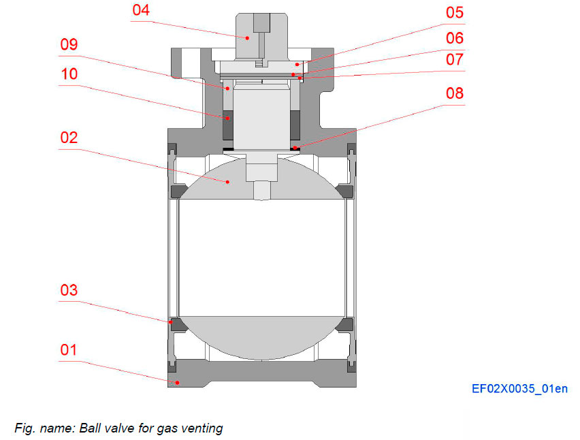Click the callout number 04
click(142, 11)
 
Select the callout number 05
click(455, 13)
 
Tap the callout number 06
click(455, 38)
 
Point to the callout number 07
click(455, 61)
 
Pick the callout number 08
click(455, 93)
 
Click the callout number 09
click(69, 45)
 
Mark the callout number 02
click(69, 138)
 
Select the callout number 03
click(69, 290)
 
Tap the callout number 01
click(69, 350)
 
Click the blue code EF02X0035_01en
click(519, 390)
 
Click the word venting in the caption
click(202, 428)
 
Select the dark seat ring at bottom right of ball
click(344, 324)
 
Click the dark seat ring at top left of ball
click(179, 191)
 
